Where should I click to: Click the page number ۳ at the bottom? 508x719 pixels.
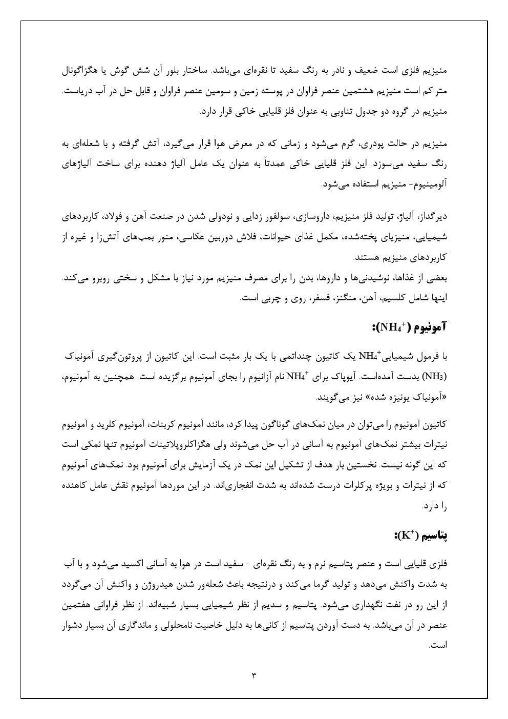(254, 675)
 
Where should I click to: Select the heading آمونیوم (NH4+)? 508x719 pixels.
(410, 326)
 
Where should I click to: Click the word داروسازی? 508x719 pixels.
(313, 217)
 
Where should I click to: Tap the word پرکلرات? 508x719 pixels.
(335, 485)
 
